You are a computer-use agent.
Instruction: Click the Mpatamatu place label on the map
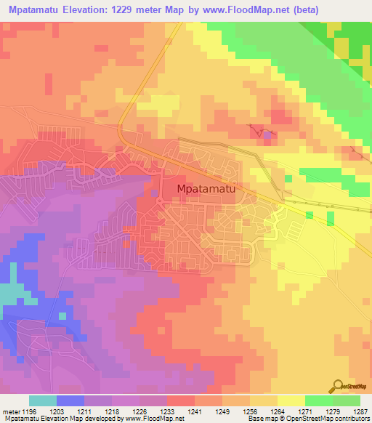tap(206, 189)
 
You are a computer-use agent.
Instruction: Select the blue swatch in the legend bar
tap(70, 400)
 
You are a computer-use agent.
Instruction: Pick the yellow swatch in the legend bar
tap(291, 400)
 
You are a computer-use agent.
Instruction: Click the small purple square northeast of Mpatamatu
tap(267, 134)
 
